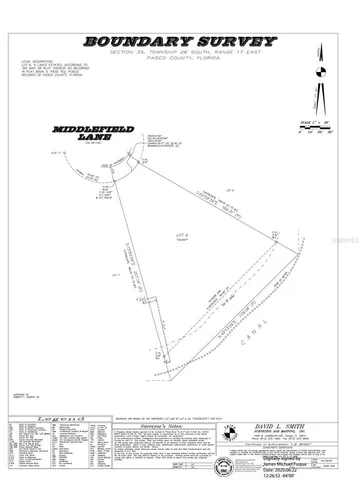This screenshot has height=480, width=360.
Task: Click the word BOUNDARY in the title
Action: (x=135, y=41)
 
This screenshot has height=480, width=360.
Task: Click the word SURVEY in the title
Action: (x=227, y=41)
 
